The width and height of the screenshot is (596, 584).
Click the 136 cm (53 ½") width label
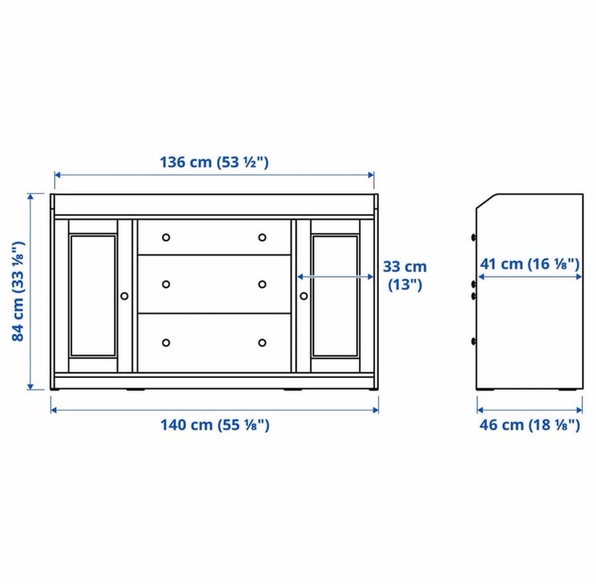214,162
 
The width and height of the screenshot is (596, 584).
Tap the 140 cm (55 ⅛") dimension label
215,425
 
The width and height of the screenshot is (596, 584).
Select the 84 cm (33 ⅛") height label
18,292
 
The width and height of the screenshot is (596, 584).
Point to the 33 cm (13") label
405,276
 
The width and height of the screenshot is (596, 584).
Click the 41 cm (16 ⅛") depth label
530,264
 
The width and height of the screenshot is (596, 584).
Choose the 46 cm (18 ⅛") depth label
530,425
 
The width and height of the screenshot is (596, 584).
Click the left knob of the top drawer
166,238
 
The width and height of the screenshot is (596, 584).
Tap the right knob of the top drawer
262,238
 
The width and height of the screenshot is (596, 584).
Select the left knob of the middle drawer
166,284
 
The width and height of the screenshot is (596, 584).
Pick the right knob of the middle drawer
262,284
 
